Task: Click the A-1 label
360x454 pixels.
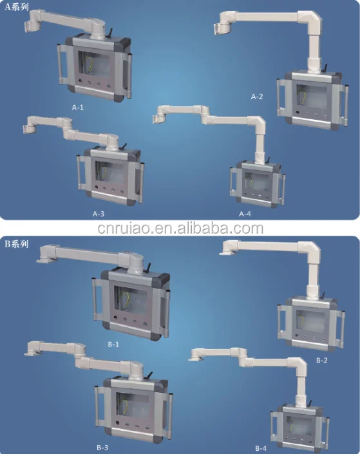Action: (x=78, y=108)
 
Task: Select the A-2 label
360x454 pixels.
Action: (x=257, y=97)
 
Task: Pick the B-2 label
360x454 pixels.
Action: (x=322, y=361)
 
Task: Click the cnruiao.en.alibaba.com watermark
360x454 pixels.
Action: (x=180, y=228)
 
